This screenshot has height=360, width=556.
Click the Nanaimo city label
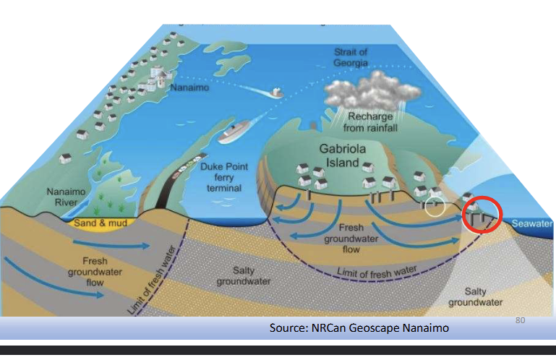point(189,87)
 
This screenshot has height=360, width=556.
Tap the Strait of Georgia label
point(351,57)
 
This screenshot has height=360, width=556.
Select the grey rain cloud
point(372,90)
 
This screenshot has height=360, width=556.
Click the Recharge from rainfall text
point(370,122)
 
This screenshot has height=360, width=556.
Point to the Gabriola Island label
point(343,155)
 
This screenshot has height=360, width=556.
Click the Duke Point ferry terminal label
point(224,177)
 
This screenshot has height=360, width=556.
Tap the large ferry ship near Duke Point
point(234,132)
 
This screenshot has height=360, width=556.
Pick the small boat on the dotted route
point(277,93)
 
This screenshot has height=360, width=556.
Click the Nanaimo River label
point(67,197)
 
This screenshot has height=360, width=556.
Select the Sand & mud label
point(100,223)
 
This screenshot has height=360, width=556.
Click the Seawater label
point(532,223)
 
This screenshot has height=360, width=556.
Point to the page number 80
point(520,320)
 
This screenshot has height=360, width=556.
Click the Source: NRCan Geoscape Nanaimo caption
point(359,327)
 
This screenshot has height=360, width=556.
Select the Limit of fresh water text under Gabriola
point(377,273)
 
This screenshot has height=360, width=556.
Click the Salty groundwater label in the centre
point(244,276)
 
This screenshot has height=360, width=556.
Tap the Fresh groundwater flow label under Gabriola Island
point(351,239)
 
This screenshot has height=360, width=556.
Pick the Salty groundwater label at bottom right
point(476,297)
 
